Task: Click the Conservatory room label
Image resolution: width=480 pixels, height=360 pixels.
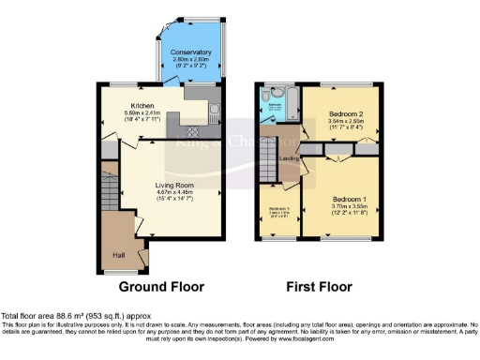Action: tap(190, 52)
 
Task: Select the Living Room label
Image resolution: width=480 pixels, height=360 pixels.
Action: tap(173, 186)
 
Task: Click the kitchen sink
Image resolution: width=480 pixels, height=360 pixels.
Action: tap(215, 114)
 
